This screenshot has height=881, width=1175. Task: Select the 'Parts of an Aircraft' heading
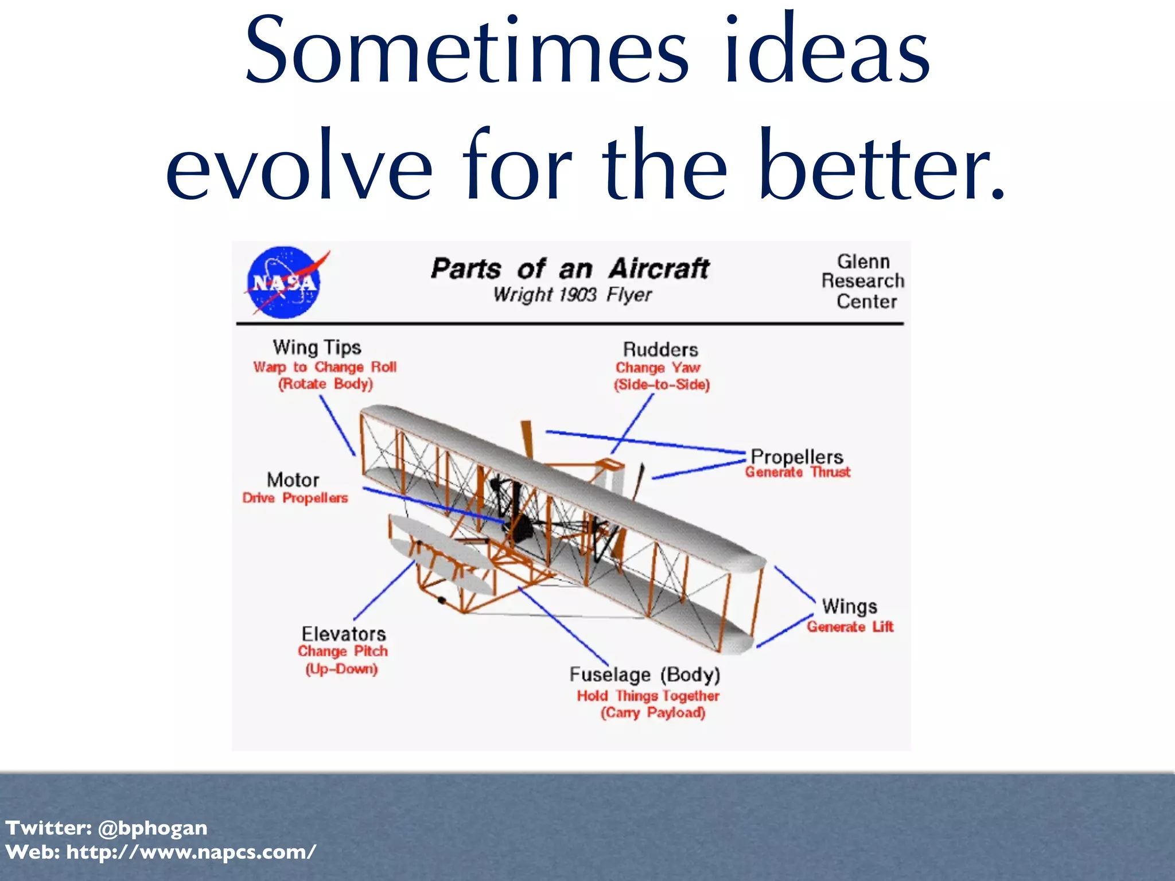[570, 268]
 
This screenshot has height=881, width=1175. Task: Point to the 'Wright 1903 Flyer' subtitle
[572, 295]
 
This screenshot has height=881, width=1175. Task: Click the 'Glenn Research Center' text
[863, 281]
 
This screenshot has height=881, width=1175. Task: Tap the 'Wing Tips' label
[317, 348]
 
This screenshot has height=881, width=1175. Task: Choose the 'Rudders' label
[660, 349]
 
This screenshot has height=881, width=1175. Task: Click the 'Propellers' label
[797, 457]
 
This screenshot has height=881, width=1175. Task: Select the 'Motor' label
[293, 480]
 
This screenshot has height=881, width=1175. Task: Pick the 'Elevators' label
[344, 634]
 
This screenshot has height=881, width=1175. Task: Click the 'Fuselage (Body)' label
[644, 675]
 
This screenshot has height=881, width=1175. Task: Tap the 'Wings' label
[849, 606]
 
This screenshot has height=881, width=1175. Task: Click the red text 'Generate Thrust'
[797, 473]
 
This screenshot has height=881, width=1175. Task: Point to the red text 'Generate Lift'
[850, 626]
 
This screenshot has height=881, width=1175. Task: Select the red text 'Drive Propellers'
[295, 498]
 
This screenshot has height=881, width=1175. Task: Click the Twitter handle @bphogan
[152, 828]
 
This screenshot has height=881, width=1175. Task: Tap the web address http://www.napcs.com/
[191, 852]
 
